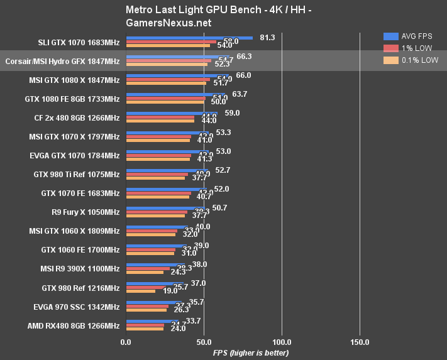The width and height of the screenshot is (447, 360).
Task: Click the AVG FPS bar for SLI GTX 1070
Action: click(x=189, y=38)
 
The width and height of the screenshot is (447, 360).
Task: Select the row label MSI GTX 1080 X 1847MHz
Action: click(x=74, y=80)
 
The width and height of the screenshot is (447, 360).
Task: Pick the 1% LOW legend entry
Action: click(x=409, y=48)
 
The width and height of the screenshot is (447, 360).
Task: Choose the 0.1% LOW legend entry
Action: click(x=412, y=60)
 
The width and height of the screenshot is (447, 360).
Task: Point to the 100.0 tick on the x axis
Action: click(x=282, y=342)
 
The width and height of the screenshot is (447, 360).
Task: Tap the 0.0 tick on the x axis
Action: click(x=126, y=342)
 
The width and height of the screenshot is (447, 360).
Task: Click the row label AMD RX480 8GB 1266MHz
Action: click(x=73, y=326)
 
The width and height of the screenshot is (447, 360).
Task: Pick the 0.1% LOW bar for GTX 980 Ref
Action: click(x=141, y=291)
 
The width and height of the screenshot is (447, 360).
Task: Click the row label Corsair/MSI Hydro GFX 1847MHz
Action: click(x=62, y=61)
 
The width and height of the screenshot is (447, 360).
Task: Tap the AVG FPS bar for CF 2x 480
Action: click(x=172, y=113)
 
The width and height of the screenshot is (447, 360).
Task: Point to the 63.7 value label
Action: click(x=240, y=94)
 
